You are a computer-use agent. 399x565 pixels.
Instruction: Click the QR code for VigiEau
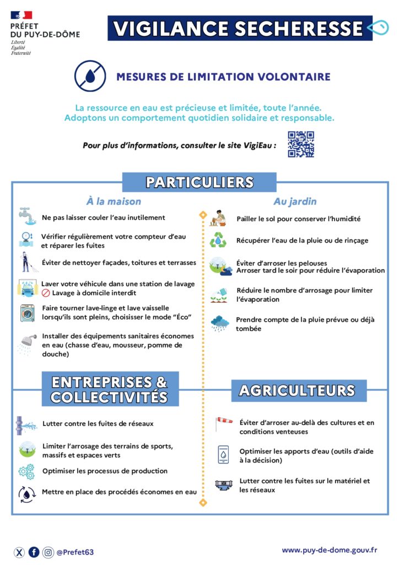click(301, 145)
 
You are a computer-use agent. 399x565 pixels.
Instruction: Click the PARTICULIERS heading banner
click(199, 182)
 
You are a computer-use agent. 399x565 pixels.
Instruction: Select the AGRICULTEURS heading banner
click(298, 390)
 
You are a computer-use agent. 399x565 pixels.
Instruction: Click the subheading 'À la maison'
click(114, 201)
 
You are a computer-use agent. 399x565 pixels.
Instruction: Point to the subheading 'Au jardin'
click(295, 201)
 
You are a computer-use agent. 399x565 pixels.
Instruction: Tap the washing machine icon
click(27, 313)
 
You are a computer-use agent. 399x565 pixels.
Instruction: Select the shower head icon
click(26, 342)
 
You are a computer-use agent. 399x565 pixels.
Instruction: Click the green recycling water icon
click(218, 241)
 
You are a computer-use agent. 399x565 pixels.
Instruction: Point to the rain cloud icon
click(219, 323)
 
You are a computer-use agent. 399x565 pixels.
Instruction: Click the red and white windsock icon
click(223, 424)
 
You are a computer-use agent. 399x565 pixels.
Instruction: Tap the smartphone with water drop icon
click(223, 454)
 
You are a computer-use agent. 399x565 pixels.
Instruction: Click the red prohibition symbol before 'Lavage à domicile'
click(46, 293)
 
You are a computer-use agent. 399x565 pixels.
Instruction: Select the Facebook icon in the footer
click(34, 552)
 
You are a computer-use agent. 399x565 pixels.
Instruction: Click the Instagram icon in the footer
click(48, 552)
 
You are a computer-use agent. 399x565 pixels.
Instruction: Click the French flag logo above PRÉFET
click(21, 15)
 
